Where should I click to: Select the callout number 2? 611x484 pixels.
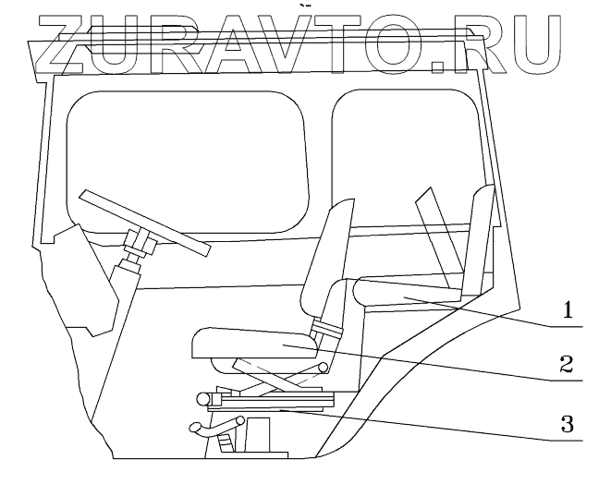click(569, 362)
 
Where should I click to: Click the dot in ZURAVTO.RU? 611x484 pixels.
click(445, 67)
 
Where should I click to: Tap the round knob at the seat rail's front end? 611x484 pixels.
click(202, 399)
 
